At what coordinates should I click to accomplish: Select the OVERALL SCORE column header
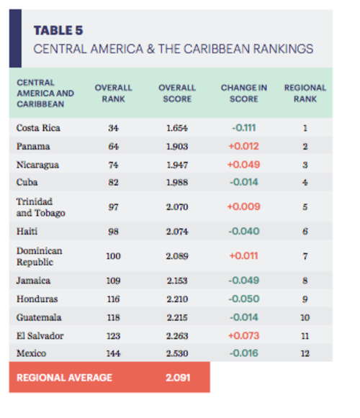point(177,93)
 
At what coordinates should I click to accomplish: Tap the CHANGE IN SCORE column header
point(243,93)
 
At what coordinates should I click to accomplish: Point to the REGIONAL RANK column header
point(305,93)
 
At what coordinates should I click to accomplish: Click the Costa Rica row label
point(38,128)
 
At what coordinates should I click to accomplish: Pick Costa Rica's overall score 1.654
point(177,128)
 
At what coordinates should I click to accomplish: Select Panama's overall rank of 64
point(113,147)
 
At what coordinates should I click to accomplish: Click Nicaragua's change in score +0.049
point(243,165)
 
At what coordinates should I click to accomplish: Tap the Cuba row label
point(27,183)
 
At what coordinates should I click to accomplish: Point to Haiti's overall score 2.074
point(177,231)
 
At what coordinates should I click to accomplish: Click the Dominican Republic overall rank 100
point(113,256)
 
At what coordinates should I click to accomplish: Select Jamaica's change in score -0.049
point(243,281)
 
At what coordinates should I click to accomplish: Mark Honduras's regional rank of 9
point(305,299)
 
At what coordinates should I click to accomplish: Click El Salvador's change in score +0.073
point(243,335)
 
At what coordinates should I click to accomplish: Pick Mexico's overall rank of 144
point(113,353)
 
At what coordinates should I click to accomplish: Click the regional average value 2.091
point(177,378)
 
